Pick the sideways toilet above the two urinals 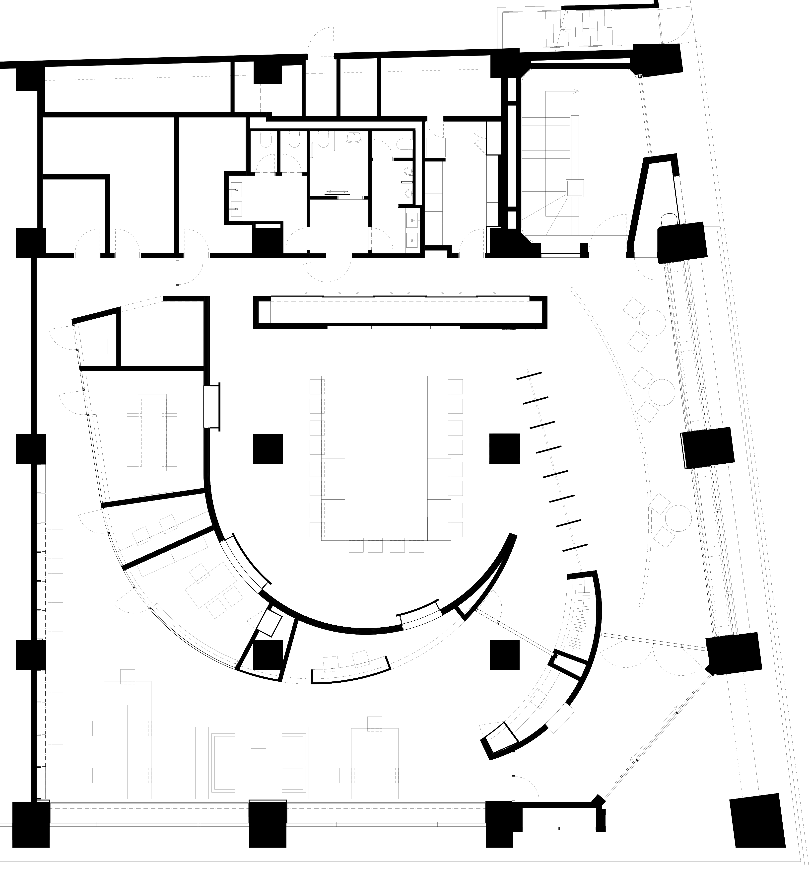[405, 144]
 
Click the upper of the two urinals [409, 171]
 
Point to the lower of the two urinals [409, 193]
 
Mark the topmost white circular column [653, 323]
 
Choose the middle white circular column [662, 393]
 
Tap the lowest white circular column [678, 518]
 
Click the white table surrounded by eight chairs [151, 433]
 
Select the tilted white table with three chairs [211, 585]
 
